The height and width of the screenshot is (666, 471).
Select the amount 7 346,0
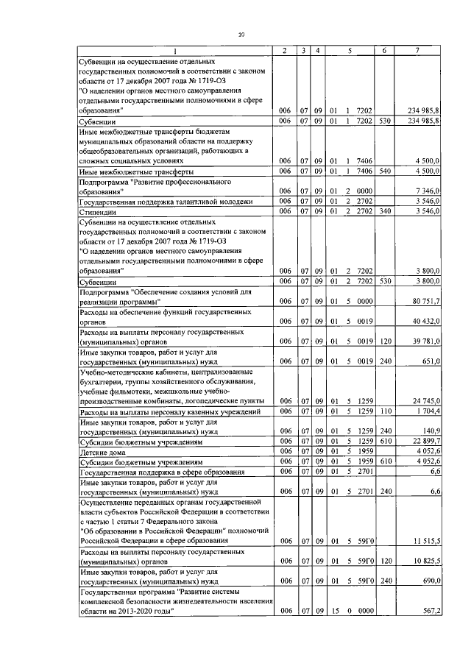pos(426,191)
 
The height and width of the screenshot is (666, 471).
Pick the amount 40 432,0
pos(425,322)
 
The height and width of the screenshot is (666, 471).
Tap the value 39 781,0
pos(425,341)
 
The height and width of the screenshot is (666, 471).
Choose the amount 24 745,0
pos(425,400)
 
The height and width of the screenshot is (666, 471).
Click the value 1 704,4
pos(426,411)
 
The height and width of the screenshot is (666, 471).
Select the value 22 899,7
pos(425,441)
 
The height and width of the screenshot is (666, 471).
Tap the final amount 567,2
pos(429,611)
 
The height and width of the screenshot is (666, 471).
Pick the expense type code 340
pos(383,211)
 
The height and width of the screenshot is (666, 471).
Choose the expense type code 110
pos(383,411)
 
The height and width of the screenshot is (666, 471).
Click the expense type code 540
pos(383,171)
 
